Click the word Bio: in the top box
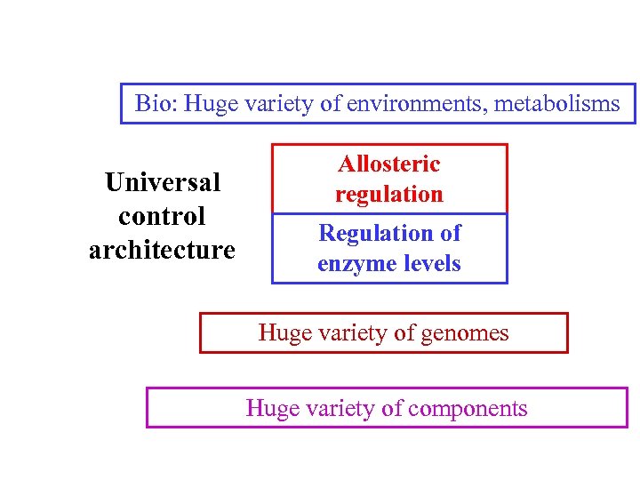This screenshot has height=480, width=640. tap(156, 104)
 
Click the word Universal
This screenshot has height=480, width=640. tap(162, 183)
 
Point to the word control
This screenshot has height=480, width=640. tap(162, 217)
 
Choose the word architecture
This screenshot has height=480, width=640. tap(162, 251)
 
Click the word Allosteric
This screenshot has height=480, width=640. tap(388, 164)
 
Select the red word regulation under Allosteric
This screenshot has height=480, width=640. tap(388, 195)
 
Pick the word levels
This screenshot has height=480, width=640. tap(431, 264)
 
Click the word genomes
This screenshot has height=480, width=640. tap(462, 333)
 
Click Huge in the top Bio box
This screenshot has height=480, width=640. tap(208, 104)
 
